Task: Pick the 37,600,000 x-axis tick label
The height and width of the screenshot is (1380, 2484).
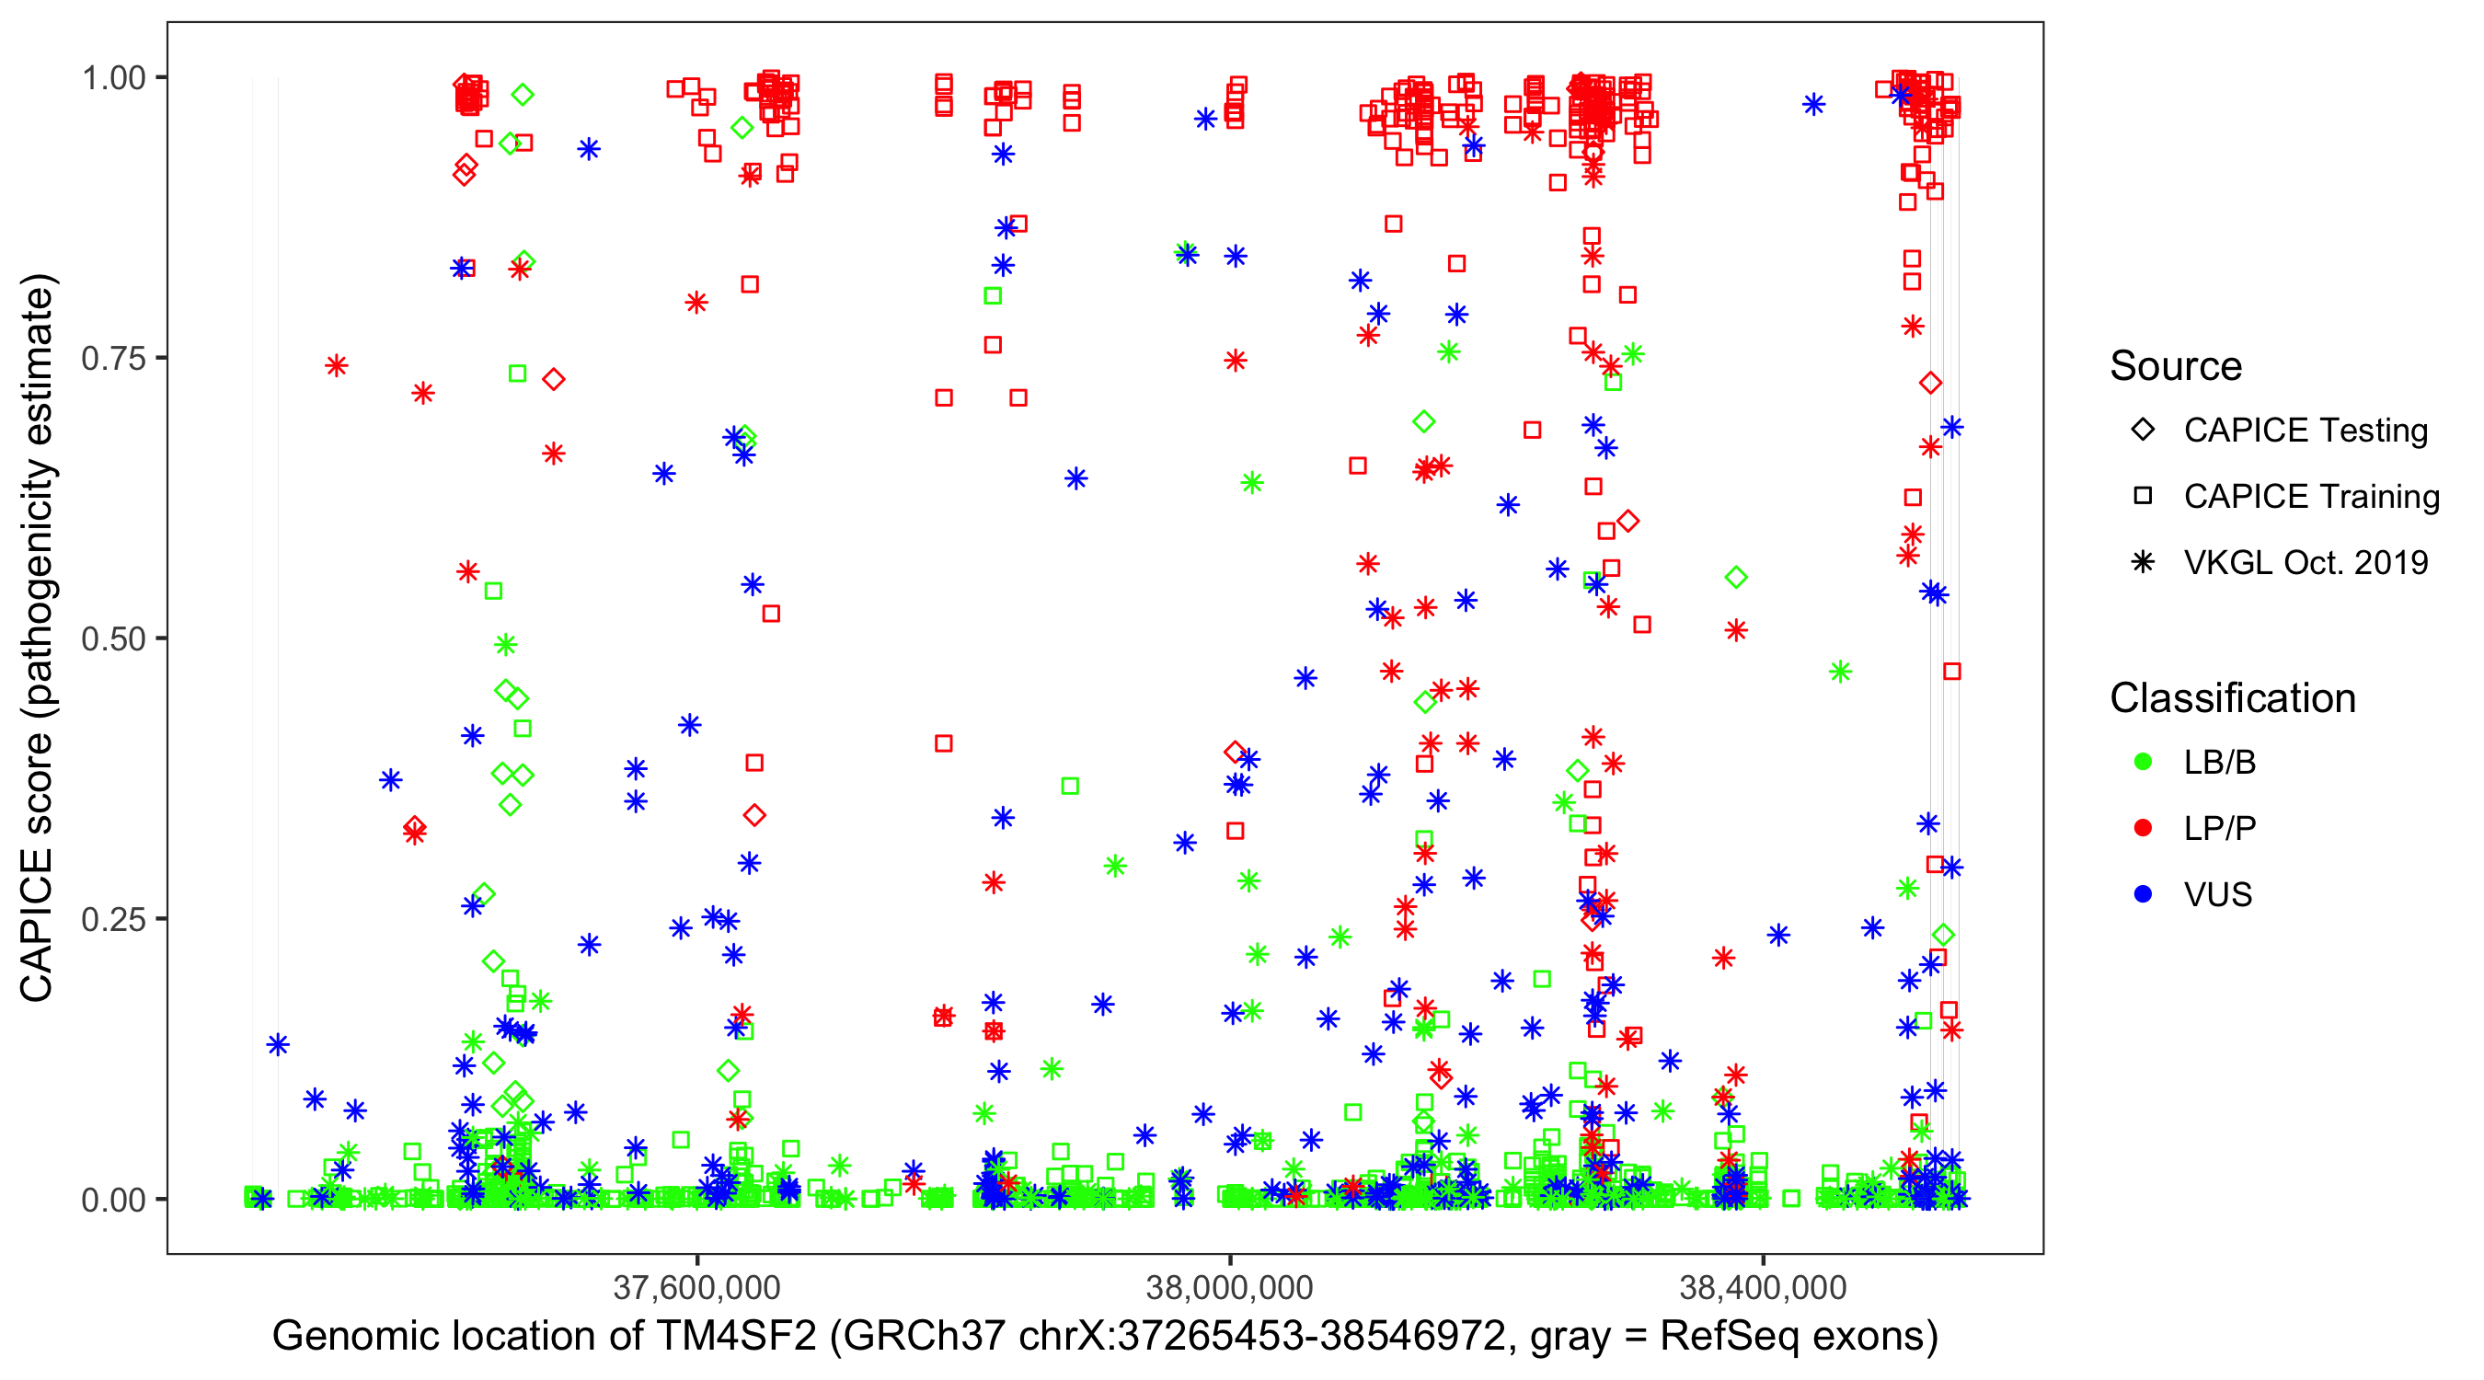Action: pyautogui.click(x=696, y=1287)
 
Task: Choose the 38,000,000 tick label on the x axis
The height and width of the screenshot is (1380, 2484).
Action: pyautogui.click(x=1229, y=1287)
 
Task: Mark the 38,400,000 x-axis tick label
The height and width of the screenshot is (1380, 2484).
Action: pyautogui.click(x=1763, y=1287)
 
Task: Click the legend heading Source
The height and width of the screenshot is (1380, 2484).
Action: pyautogui.click(x=2176, y=366)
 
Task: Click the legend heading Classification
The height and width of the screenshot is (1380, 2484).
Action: pyautogui.click(x=2232, y=698)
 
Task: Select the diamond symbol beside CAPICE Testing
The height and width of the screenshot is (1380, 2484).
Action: pyautogui.click(x=2143, y=431)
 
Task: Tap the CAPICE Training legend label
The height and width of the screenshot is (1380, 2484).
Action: pyautogui.click(x=2311, y=497)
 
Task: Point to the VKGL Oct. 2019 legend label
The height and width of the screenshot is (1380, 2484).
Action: pyautogui.click(x=2306, y=563)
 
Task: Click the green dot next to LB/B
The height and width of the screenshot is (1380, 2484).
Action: pyautogui.click(x=2143, y=763)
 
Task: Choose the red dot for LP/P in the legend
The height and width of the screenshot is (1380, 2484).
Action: pyautogui.click(x=2143, y=828)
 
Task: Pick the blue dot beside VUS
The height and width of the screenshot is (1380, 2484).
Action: pyautogui.click(x=2143, y=895)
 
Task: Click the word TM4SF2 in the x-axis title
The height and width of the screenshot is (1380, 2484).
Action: pyautogui.click(x=736, y=1337)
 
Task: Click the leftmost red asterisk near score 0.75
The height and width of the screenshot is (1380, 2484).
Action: pyautogui.click(x=336, y=365)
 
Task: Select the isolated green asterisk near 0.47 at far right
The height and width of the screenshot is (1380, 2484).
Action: pyautogui.click(x=1840, y=672)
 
